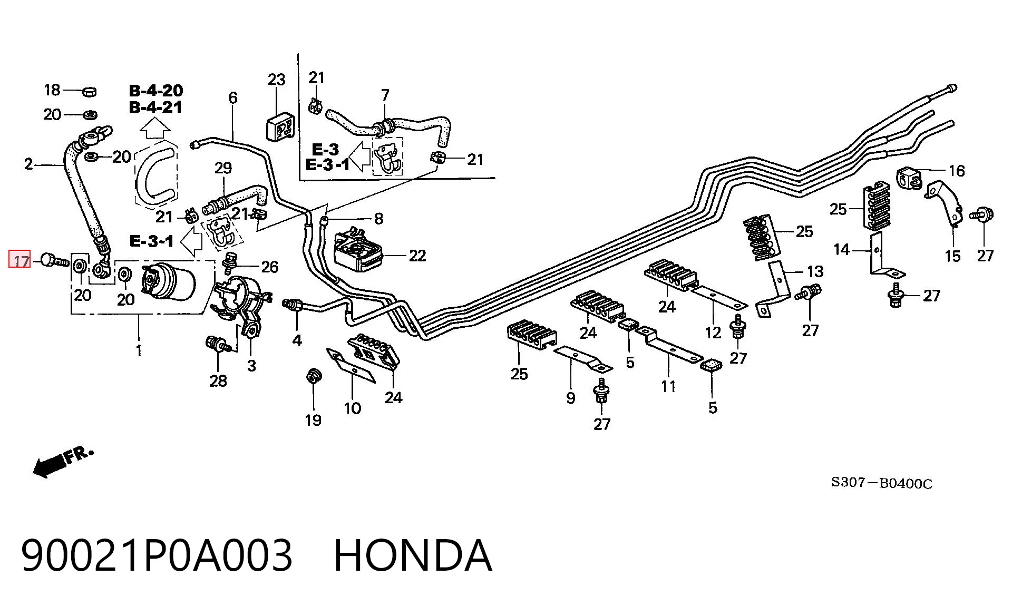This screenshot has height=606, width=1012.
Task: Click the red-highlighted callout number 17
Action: (20, 261)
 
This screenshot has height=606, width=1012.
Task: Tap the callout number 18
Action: (52, 90)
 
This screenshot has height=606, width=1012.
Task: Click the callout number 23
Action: (276, 80)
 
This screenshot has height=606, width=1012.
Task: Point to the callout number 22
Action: (417, 256)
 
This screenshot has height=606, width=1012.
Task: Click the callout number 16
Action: (957, 171)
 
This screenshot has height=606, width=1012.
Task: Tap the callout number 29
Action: (223, 168)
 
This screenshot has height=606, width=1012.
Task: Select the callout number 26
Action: (270, 267)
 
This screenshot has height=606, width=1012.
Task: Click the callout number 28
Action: (218, 380)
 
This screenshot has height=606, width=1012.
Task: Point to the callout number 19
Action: (313, 420)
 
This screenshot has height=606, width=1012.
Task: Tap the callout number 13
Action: (815, 271)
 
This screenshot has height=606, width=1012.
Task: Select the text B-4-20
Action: (156, 91)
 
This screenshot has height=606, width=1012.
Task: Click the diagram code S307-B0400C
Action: (882, 483)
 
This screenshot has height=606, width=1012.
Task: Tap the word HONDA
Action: (413, 555)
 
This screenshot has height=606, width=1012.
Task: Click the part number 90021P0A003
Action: (157, 555)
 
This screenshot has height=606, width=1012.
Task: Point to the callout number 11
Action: (668, 386)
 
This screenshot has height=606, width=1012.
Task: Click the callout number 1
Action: (139, 350)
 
